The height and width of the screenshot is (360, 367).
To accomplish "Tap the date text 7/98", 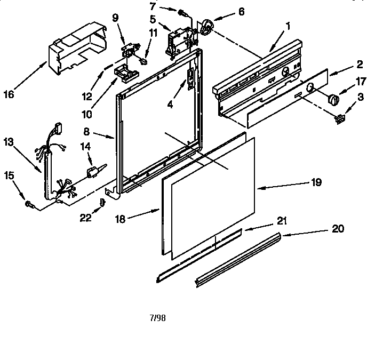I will pyautogui.click(x=158, y=317).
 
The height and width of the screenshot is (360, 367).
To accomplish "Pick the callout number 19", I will pyautogui.click(x=316, y=182).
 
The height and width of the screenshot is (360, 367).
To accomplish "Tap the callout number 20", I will pyautogui.click(x=338, y=229).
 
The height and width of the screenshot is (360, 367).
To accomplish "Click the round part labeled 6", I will pyautogui.click(x=205, y=26).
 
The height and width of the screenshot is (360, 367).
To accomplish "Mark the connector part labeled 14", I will pyautogui.click(x=93, y=172).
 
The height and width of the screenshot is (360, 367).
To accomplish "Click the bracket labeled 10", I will pyautogui.click(x=124, y=73).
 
